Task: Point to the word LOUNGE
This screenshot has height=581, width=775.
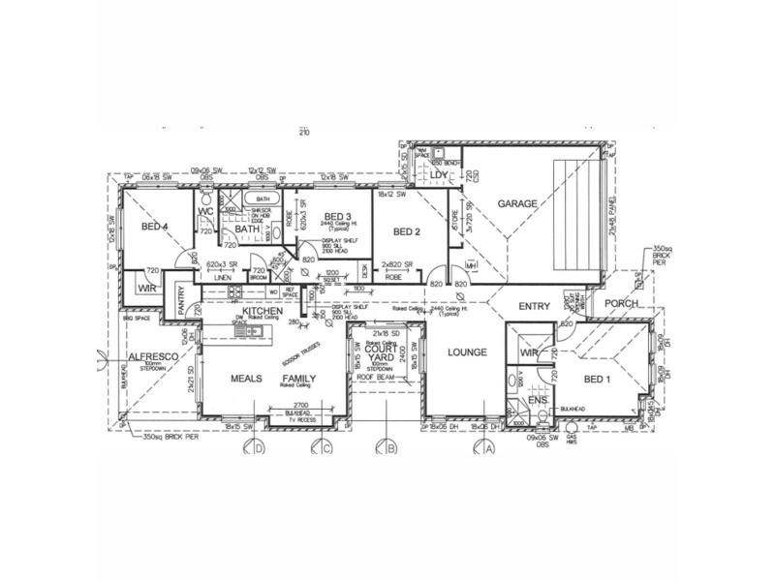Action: [x=467, y=352]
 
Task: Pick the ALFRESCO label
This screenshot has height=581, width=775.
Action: [x=147, y=357]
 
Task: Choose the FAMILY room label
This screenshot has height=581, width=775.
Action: [x=299, y=379]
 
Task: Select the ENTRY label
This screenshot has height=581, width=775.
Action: [x=533, y=306]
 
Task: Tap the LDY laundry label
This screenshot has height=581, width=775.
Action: [x=429, y=175]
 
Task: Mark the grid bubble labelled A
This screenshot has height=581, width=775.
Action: [x=489, y=447]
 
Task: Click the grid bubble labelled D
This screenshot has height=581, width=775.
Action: [x=259, y=447]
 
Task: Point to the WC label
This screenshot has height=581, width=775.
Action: [x=206, y=210]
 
